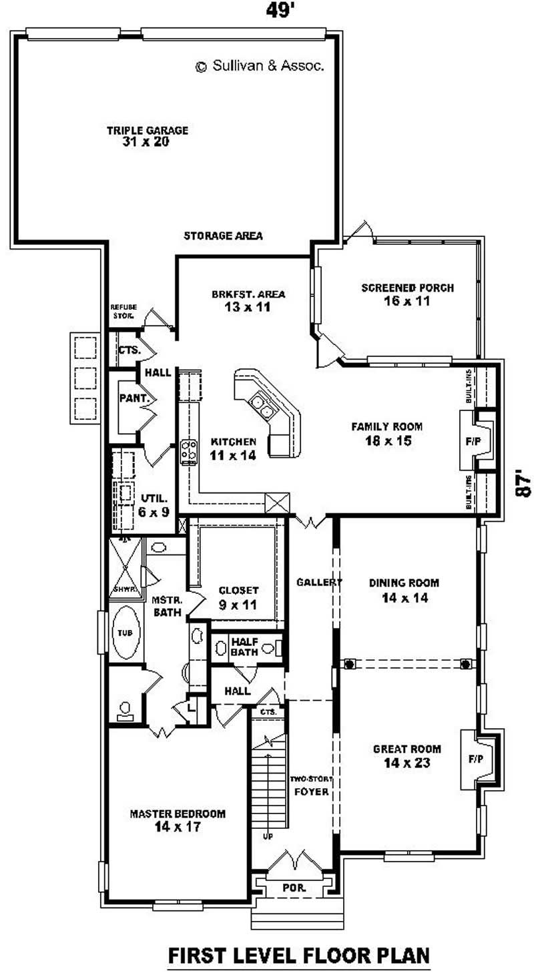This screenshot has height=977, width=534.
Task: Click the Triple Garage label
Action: [147, 135]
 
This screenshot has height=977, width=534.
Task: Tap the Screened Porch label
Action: [407, 294]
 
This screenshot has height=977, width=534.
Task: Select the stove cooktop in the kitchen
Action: [189, 452]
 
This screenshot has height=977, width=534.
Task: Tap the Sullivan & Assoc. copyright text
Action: [260, 66]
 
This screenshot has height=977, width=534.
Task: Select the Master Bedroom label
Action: [177, 820]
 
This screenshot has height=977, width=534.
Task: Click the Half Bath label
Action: [244, 647]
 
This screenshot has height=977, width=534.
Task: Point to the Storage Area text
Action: [223, 236]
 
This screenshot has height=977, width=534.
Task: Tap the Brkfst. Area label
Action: [240, 300]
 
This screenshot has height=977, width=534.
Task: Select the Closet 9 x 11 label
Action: [238, 597]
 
